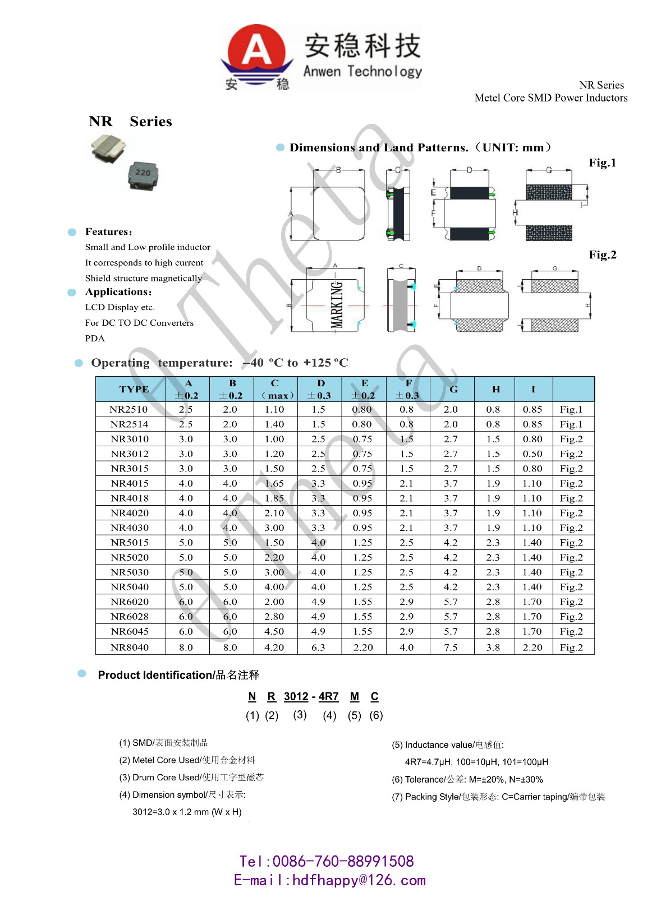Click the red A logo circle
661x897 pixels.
tap(256, 50)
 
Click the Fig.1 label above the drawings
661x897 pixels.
tap(602, 163)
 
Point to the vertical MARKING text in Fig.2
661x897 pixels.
tap(336, 304)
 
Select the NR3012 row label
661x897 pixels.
tap(130, 454)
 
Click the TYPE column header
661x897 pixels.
tap(134, 389)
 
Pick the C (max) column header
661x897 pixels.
tap(275, 389)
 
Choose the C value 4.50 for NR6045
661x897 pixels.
tap(274, 631)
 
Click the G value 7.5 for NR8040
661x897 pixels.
tap(451, 647)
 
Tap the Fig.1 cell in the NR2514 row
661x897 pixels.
tap(571, 424)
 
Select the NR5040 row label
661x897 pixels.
tap(130, 587)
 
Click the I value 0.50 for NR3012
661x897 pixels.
tap(533, 454)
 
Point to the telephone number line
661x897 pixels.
tap(327, 861)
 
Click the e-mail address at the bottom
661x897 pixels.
tap(330, 880)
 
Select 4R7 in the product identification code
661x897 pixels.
tap(328, 696)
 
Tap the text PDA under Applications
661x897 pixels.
tap(95, 338)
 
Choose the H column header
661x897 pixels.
tap(496, 389)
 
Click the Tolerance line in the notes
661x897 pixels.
tap(467, 779)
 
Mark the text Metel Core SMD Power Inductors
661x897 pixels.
tap(550, 98)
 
